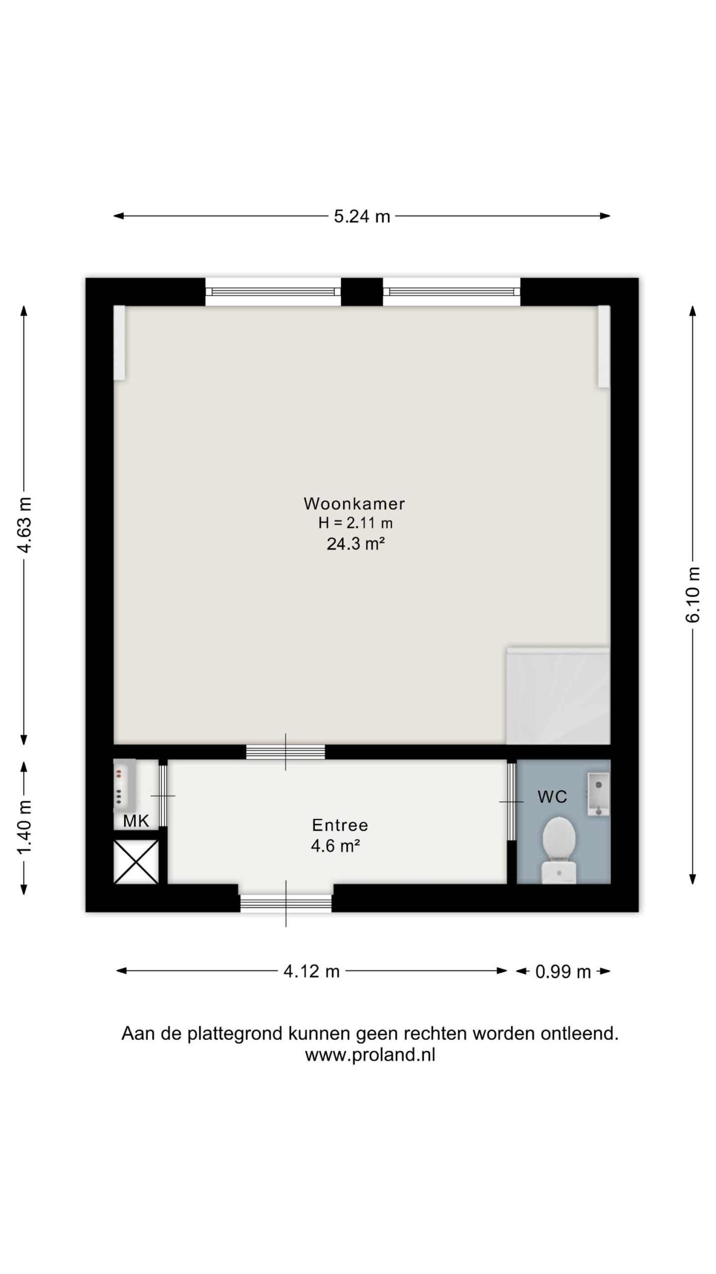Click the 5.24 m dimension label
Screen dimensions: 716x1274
[361, 216]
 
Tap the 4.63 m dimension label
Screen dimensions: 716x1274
[24, 524]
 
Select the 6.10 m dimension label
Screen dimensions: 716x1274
[693, 594]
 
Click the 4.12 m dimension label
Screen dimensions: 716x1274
[311, 971]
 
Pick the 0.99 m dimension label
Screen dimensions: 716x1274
[563, 971]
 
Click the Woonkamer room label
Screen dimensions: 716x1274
[354, 504]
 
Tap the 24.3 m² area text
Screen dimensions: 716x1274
[356, 544]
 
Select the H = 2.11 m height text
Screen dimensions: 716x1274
[356, 523]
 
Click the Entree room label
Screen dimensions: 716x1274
[340, 825]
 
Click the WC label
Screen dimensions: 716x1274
[552, 797]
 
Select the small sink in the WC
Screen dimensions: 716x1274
[598, 795]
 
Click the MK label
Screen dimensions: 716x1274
[136, 821]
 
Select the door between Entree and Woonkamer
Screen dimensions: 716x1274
[285, 752]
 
